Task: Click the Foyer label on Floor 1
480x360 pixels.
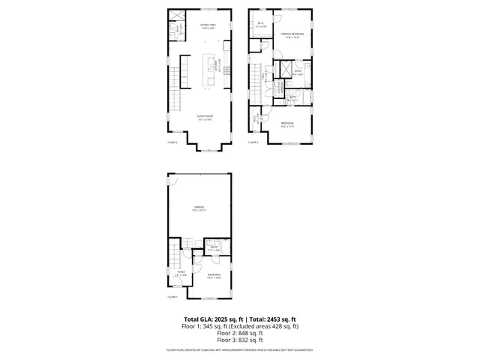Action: [180, 273]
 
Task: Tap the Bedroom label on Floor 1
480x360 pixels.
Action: [214, 274]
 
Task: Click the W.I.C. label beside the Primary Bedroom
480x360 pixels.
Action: [260, 24]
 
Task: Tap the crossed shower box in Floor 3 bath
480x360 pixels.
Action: [284, 71]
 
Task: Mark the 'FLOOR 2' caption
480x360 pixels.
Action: [172, 142]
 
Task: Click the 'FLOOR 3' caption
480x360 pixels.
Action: [253, 142]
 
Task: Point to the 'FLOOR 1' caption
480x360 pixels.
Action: [172, 298]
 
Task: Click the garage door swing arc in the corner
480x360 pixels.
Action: [172, 181]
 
